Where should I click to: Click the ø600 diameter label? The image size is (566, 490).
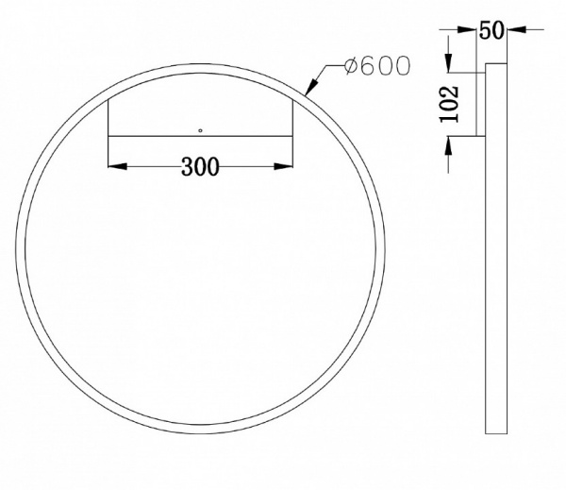(377, 67)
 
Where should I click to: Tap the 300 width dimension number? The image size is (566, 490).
(199, 167)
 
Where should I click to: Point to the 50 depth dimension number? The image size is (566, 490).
(490, 30)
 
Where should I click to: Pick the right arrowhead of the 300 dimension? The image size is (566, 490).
(282, 167)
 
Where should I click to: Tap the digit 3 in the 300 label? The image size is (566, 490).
(186, 167)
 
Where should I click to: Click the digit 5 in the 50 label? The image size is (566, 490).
(484, 30)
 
